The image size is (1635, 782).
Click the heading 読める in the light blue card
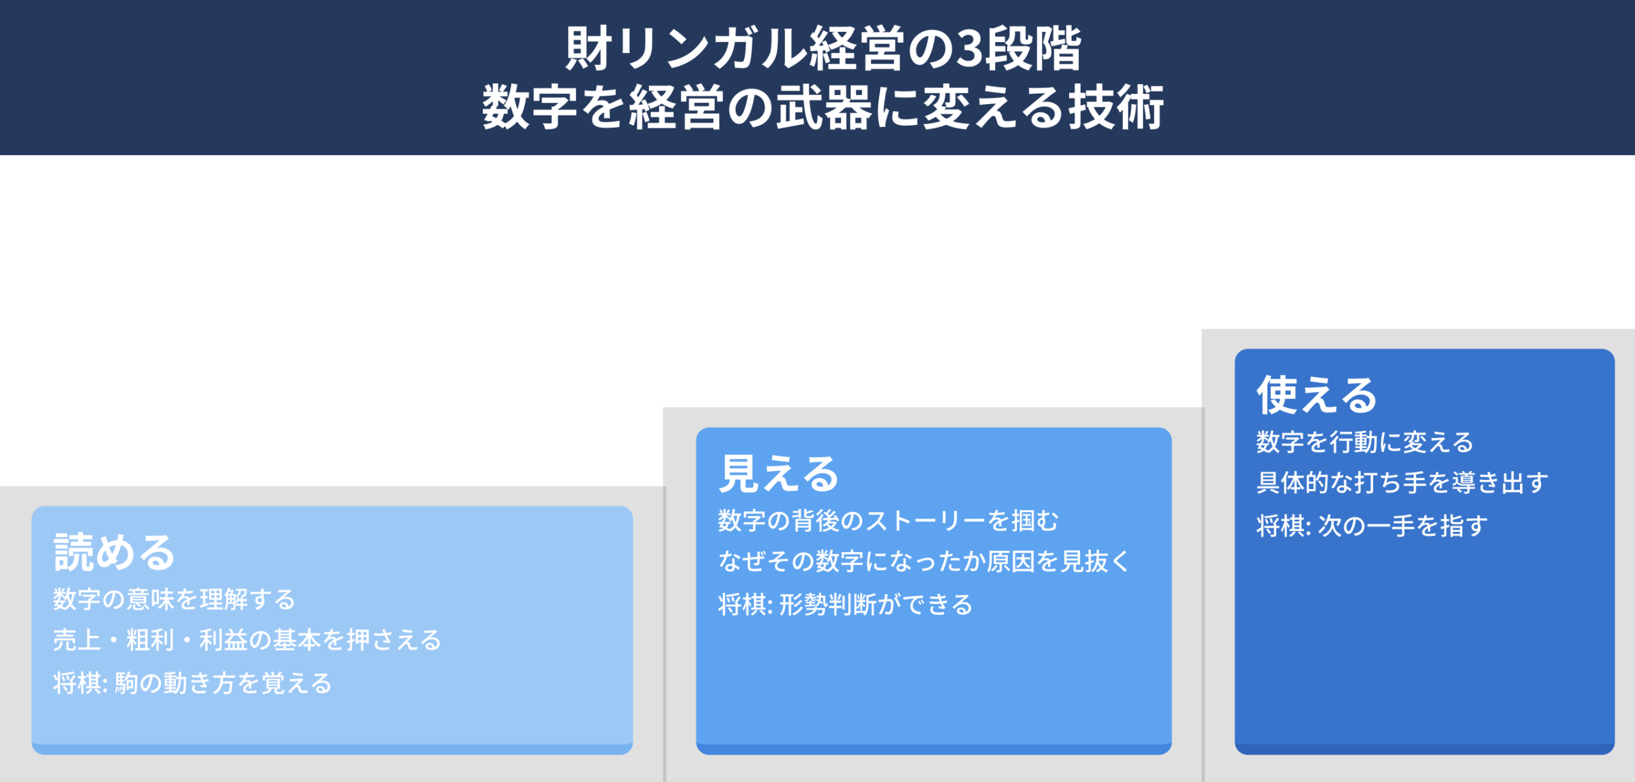[114, 552]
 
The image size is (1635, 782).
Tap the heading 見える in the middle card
[779, 474]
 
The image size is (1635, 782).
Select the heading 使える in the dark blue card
[1317, 395]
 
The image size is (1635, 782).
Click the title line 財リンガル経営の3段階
[823, 49]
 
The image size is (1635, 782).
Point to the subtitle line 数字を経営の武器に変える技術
[823, 107]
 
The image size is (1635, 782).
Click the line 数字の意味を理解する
[174, 599]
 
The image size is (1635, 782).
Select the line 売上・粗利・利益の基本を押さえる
[247, 640]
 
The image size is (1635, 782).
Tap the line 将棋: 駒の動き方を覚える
[192, 684]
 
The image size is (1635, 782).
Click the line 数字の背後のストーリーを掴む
[888, 521]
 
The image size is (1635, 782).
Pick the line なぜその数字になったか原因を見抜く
[924, 562]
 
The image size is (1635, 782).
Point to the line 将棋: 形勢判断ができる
[846, 605]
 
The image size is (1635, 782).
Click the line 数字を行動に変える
[1365, 442]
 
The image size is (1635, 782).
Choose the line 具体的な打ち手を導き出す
[1403, 483]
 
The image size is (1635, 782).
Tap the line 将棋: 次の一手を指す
[1372, 526]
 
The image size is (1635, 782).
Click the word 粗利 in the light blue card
[150, 640]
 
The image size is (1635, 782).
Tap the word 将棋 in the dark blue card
[1281, 526]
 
